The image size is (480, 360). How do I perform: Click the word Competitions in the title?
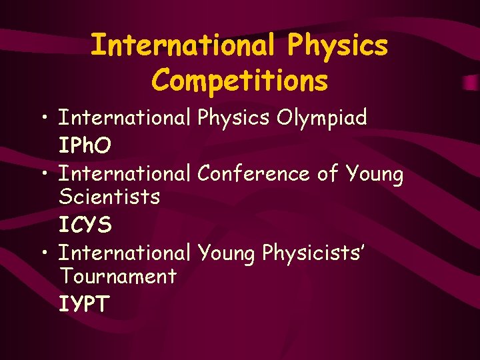click(x=240, y=80)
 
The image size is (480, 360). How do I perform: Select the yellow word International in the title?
click(x=181, y=45)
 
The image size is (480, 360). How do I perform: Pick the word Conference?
click(x=254, y=174)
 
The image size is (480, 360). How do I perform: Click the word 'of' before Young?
click(x=327, y=174)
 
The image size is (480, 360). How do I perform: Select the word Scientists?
click(x=109, y=197)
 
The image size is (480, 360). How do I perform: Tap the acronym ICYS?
click(x=85, y=225)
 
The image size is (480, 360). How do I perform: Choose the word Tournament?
click(x=117, y=276)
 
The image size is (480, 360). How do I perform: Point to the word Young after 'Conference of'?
click(x=375, y=175)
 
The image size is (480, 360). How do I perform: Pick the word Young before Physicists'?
click(x=226, y=254)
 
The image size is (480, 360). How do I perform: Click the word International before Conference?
click(x=125, y=174)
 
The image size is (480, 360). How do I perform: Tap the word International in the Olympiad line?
click(x=125, y=119)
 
